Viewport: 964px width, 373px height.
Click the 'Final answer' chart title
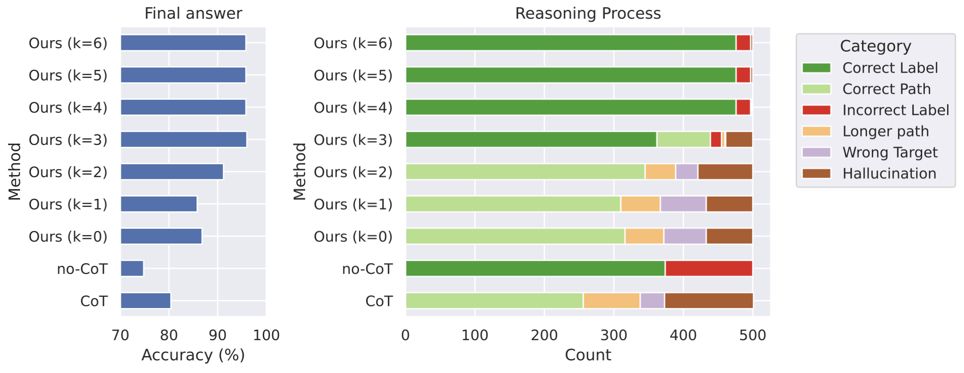[193, 13]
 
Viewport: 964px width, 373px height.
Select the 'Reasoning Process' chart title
[588, 13]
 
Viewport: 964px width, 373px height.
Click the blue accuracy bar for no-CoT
[132, 268]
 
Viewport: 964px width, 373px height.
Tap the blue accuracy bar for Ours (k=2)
[172, 172]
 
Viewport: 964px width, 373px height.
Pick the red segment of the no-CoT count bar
[708, 268]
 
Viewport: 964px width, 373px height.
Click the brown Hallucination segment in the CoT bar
[708, 301]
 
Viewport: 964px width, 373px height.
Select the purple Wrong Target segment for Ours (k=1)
[683, 204]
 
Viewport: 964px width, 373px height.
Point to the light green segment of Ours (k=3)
[683, 140]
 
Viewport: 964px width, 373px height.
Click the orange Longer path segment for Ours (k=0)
[644, 236]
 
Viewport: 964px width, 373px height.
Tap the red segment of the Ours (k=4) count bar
[743, 107]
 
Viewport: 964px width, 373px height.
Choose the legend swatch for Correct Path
[816, 89]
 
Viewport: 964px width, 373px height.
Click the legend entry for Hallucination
[889, 174]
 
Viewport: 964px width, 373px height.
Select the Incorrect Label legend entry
[895, 110]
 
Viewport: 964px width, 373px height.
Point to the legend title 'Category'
[875, 46]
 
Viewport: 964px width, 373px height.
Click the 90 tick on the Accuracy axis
[217, 335]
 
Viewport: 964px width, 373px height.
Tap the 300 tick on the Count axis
[613, 335]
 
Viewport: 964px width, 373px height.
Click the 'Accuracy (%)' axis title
[193, 355]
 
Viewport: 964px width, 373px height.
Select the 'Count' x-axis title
[588, 355]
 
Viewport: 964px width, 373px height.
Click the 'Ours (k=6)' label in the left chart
[68, 43]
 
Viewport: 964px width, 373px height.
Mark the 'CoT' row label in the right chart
[379, 301]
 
